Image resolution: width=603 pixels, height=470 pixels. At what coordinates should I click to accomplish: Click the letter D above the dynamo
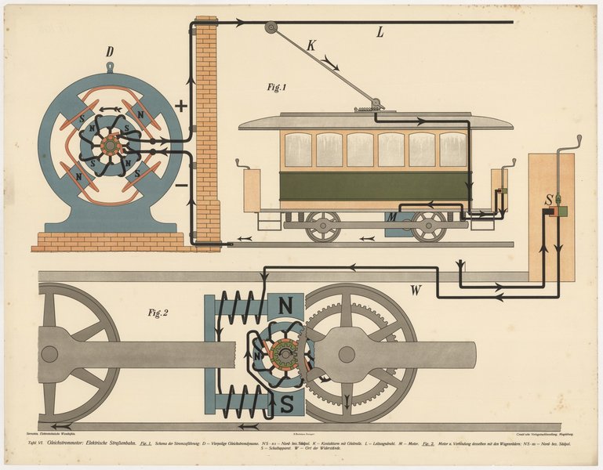(x=111, y=52)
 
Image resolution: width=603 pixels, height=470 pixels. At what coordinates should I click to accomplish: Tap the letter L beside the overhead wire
(x=380, y=33)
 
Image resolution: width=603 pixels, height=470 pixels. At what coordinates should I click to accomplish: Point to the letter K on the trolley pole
(x=311, y=45)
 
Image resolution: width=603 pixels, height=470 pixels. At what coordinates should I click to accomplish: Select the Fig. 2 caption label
(x=158, y=313)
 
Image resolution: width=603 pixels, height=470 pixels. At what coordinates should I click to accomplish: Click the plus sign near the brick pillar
(x=181, y=107)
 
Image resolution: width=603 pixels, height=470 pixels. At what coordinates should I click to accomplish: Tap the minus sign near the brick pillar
(x=181, y=186)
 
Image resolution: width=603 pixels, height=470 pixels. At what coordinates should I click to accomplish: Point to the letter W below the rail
(x=416, y=291)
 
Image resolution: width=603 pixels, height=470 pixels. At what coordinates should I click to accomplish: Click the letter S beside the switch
(x=550, y=200)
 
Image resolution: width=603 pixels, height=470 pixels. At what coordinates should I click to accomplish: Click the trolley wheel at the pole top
(x=271, y=27)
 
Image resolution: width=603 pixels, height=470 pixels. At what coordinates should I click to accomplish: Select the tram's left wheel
(x=323, y=226)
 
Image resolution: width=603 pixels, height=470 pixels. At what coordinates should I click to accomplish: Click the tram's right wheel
(x=429, y=226)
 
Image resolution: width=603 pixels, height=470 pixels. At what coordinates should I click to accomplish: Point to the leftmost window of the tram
(x=298, y=150)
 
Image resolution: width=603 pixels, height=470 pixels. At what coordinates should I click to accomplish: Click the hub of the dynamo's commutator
(x=110, y=146)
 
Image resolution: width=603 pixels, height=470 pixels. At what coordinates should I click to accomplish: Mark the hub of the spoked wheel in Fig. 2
(x=49, y=354)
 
